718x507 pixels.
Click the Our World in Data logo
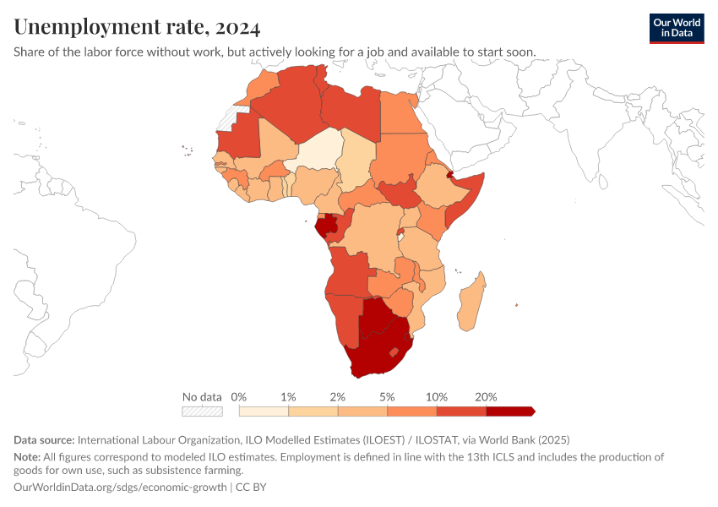point(677,28)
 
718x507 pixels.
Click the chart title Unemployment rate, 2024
point(137,27)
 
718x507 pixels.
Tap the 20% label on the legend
point(486,397)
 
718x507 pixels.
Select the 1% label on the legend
point(288,397)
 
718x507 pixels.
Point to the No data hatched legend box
point(203,412)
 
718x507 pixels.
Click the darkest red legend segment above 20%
point(509,412)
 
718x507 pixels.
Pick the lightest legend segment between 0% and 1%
point(264,412)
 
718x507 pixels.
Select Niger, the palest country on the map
point(318,152)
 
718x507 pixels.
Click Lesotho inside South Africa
point(392,352)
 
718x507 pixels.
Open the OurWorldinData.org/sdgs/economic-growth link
point(121,488)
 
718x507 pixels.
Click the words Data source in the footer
point(44,439)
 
